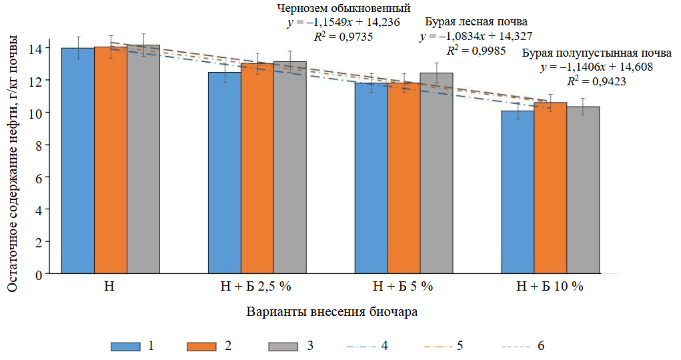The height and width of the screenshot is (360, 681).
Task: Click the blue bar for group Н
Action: pos(78,161)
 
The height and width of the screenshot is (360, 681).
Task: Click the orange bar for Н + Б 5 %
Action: pos(404,178)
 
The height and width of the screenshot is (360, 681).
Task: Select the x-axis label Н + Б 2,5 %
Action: pos(256,287)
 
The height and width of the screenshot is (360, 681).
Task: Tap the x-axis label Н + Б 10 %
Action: pos(550,287)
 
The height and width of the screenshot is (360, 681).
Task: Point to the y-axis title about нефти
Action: pos(13,160)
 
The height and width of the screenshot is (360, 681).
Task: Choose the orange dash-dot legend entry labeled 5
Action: pos(438,346)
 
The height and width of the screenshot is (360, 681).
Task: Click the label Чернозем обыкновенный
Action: pos(344,9)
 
